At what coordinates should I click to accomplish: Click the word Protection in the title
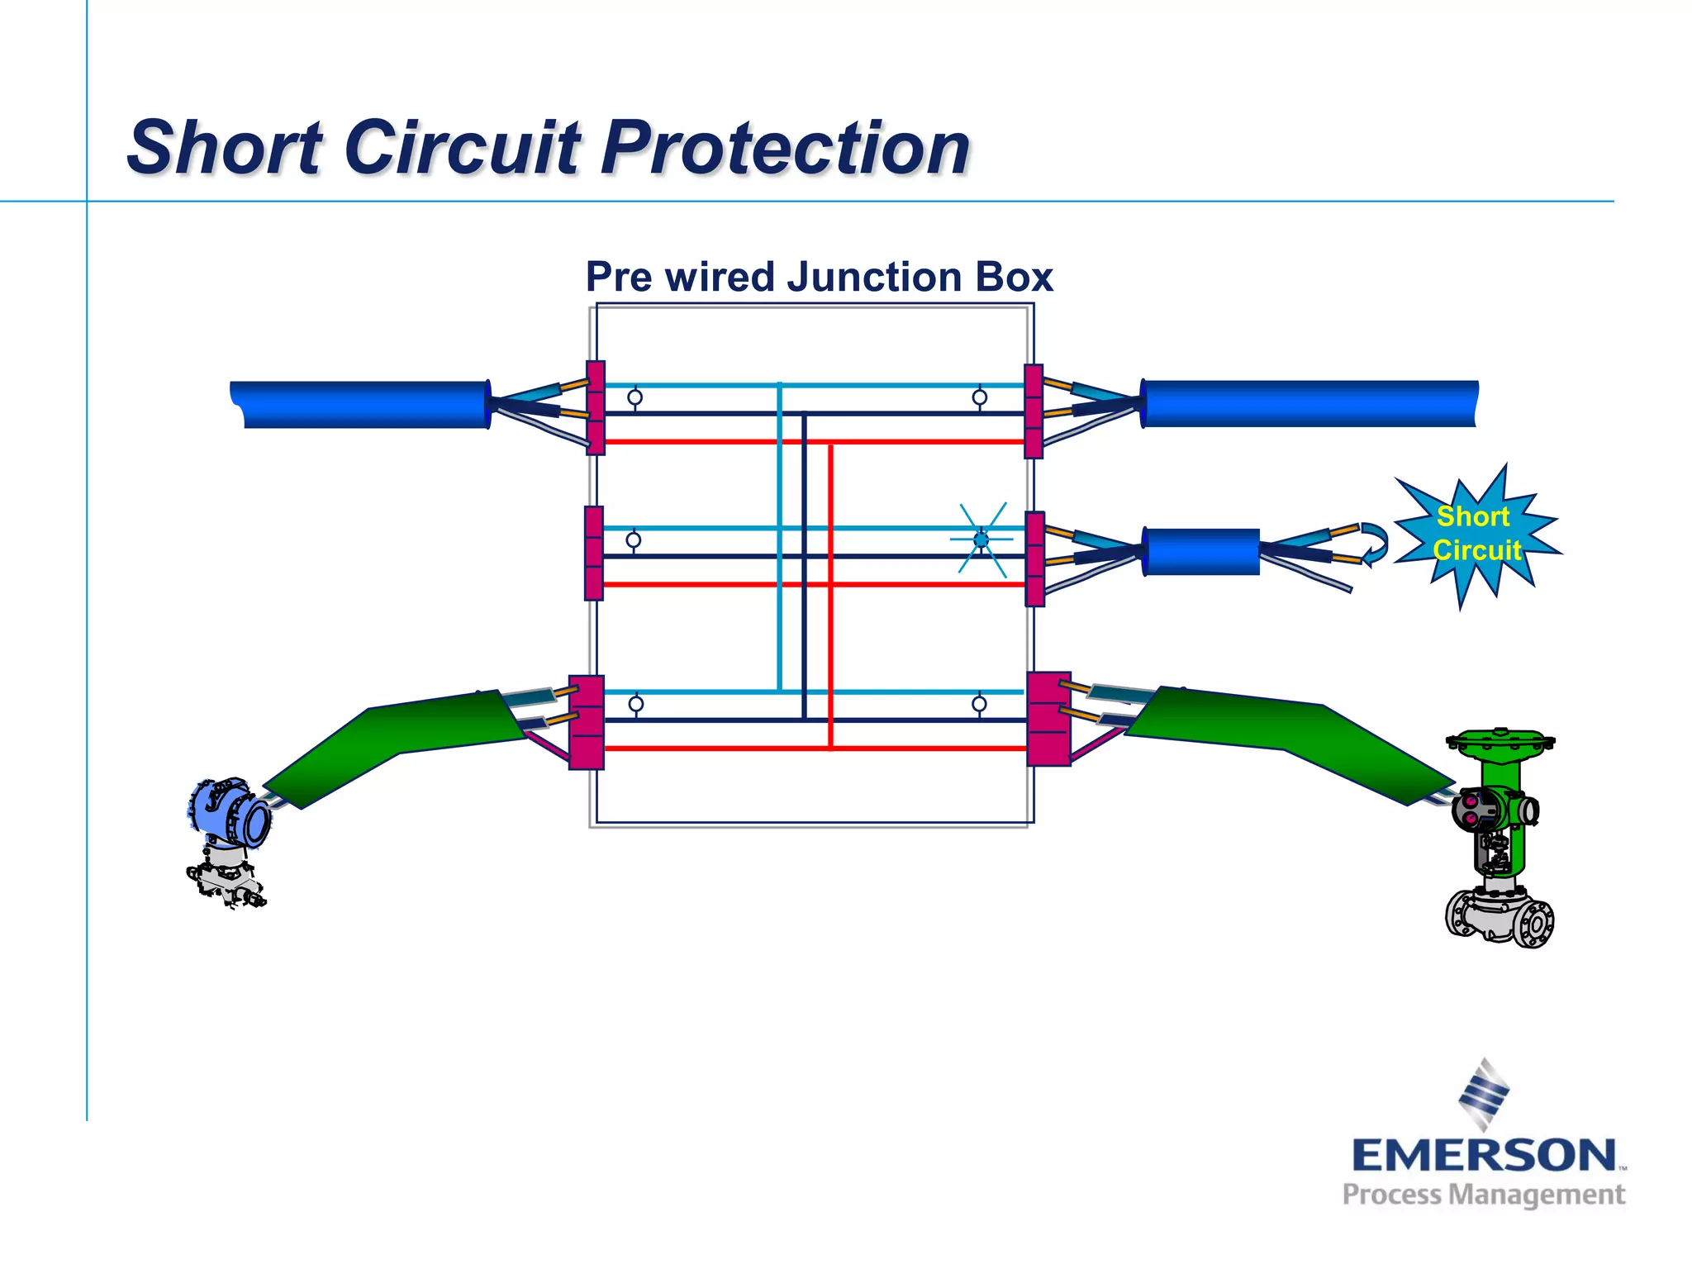[x=785, y=149]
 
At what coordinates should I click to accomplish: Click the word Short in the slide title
[x=225, y=149]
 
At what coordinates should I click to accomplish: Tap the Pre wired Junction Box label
[x=819, y=277]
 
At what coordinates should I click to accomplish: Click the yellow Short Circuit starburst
[x=1476, y=534]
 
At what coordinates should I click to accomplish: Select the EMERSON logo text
[x=1484, y=1155]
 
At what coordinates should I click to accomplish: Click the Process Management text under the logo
[x=1484, y=1195]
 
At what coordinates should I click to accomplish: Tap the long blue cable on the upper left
[x=364, y=404]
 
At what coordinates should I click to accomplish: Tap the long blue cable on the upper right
[x=1309, y=404]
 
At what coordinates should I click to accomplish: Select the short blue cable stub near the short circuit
[x=1202, y=551]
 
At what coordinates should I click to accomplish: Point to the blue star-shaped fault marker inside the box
[x=981, y=540]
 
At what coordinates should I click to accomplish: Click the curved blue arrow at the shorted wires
[x=1373, y=544]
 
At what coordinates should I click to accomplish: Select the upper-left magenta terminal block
[x=596, y=408]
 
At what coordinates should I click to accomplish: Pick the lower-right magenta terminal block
[x=1048, y=719]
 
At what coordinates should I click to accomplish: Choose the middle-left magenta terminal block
[x=593, y=553]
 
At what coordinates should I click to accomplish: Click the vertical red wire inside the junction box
[x=830, y=595]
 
